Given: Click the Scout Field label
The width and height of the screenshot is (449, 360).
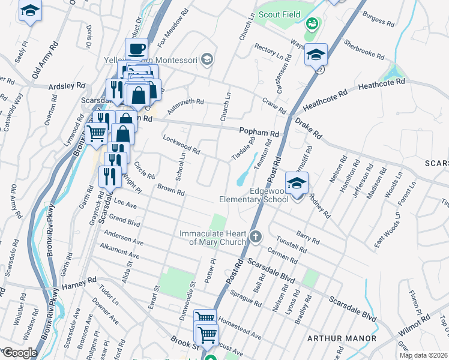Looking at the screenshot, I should [278, 14].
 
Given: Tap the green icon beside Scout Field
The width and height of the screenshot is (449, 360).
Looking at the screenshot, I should [312, 25].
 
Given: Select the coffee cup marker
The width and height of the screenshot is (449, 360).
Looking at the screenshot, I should [137, 49].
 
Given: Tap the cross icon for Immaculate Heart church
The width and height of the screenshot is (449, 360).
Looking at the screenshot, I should [256, 236].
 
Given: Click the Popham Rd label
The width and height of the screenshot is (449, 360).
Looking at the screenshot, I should [259, 132].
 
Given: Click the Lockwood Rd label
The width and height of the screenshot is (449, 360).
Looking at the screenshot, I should [181, 144].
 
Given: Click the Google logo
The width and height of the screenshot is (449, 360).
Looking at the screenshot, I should [19, 353].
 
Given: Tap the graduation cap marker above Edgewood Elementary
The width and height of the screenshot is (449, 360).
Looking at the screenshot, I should [296, 183].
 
